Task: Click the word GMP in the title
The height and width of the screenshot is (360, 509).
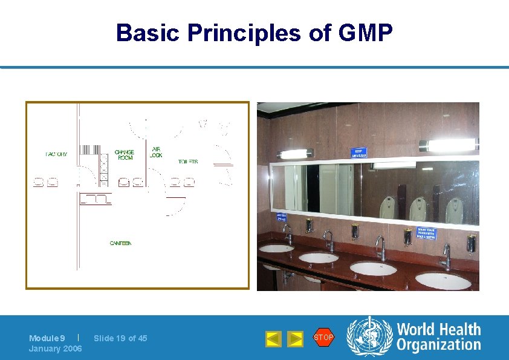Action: [366, 33]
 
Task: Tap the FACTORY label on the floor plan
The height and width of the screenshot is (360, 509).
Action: [56, 154]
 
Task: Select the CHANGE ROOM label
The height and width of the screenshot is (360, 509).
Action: [125, 155]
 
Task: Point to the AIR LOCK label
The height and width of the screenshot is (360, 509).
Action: [156, 152]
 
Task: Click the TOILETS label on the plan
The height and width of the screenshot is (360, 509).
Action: [188, 162]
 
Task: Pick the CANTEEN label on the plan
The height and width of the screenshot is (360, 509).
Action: [120, 243]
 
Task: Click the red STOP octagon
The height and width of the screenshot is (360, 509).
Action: [323, 338]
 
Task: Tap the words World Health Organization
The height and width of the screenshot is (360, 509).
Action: [438, 338]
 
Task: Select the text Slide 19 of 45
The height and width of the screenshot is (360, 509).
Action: [120, 338]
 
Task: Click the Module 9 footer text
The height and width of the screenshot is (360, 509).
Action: [47, 338]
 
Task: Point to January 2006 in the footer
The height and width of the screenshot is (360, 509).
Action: [56, 349]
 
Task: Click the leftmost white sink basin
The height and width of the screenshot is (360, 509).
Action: [277, 248]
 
